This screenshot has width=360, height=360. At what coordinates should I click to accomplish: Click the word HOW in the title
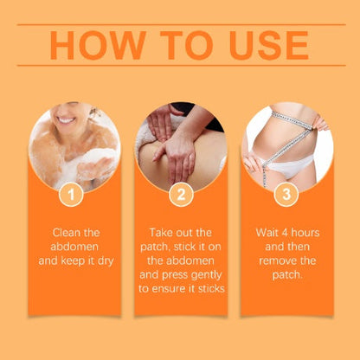98,45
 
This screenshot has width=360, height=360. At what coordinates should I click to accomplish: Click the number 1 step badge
71,194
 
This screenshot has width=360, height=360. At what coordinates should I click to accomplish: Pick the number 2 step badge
181,194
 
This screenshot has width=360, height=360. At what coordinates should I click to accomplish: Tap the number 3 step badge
286,194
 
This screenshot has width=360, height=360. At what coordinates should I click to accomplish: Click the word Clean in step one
64,233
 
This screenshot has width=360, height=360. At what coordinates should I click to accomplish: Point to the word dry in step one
106,261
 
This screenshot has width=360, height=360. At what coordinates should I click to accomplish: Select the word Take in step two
161,233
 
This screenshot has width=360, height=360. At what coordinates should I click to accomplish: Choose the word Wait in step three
267,233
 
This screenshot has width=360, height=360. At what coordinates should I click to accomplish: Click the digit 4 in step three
285,233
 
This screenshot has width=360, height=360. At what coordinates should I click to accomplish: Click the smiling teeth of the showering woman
66,120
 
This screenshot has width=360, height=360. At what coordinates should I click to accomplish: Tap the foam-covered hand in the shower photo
93,167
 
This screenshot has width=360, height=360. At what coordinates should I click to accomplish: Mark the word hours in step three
305,233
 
